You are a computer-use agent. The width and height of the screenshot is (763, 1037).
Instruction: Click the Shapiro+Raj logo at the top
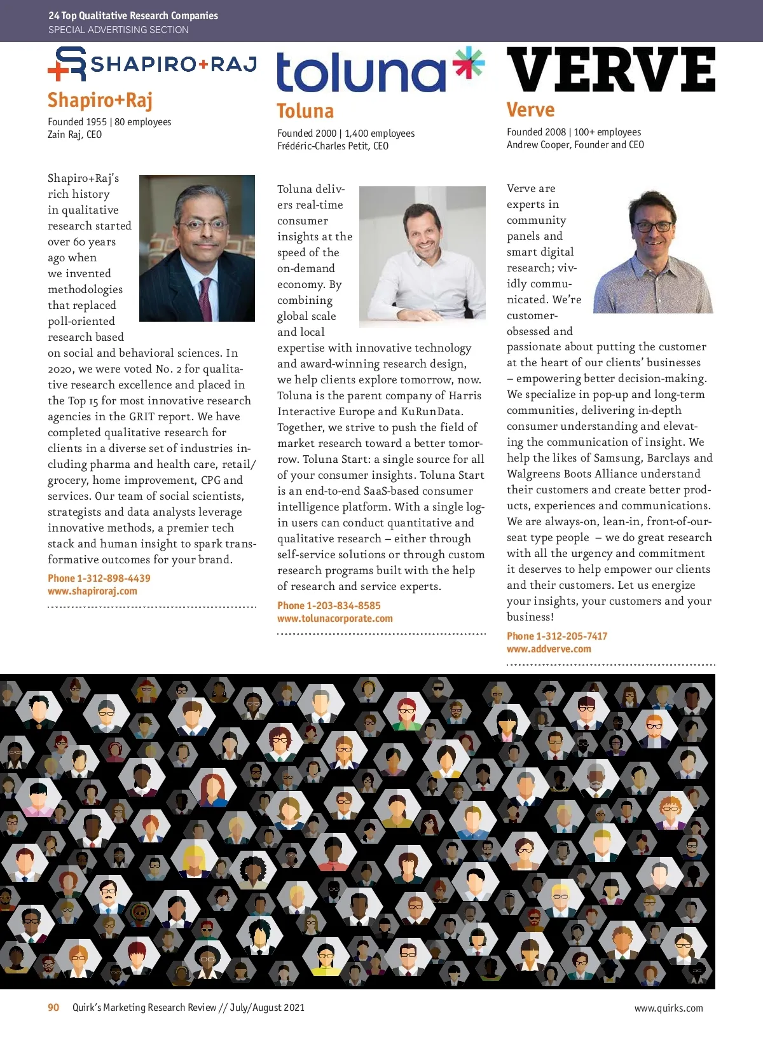point(152,64)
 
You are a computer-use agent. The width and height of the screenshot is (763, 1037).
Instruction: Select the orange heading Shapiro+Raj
point(100,100)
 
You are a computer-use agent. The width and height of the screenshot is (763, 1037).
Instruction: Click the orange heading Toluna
point(305,111)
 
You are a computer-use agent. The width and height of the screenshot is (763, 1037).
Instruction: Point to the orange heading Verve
point(530,110)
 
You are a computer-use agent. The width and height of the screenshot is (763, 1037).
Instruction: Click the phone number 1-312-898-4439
point(113,578)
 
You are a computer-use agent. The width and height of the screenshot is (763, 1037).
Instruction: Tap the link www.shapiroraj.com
point(92,591)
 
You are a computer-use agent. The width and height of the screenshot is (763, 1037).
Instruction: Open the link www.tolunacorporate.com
point(334,618)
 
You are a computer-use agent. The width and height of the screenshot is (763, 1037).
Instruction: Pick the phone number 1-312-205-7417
point(571,636)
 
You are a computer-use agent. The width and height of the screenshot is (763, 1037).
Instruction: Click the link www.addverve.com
point(549,649)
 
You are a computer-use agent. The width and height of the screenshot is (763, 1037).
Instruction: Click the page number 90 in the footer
point(53,1007)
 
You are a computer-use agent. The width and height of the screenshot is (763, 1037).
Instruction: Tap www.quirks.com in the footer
point(668,1008)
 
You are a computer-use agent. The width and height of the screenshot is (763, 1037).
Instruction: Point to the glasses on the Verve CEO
point(652,226)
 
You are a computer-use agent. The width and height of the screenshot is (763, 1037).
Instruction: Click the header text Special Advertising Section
point(118,29)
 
